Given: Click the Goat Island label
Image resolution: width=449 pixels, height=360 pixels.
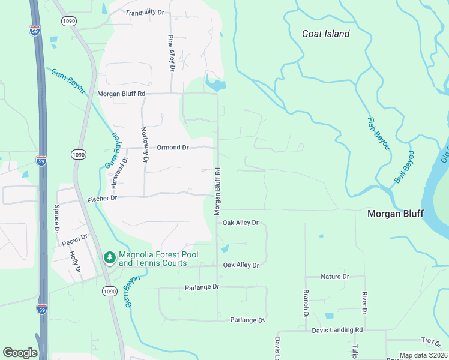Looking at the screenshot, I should [325, 34].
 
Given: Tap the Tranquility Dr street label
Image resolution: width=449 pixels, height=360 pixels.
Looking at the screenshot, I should [145, 12].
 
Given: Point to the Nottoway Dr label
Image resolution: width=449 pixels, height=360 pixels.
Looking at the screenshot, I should [144, 145].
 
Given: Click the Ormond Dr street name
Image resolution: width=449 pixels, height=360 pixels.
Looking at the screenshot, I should [173, 147].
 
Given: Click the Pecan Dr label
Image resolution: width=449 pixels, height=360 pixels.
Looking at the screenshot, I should [75, 239].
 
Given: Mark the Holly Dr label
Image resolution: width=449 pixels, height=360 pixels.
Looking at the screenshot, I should [77, 262].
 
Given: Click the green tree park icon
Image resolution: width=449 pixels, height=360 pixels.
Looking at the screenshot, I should [109, 258].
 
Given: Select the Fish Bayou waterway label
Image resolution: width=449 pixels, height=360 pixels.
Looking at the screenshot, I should [379, 134].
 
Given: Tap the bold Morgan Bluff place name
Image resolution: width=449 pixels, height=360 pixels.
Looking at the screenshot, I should [396, 214].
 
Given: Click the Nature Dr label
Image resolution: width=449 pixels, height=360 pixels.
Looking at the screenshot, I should [335, 277].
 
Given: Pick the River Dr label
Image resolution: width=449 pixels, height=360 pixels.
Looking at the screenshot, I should [364, 303].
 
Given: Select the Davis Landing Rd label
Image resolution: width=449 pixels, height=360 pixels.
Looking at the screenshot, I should [337, 330].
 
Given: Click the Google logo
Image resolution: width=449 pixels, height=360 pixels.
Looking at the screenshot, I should [20, 353].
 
